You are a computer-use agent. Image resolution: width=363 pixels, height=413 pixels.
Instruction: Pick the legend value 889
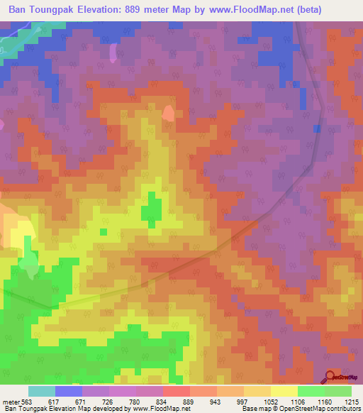click(x=188, y=402)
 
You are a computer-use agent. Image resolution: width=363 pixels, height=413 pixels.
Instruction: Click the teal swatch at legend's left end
click(x=42, y=391)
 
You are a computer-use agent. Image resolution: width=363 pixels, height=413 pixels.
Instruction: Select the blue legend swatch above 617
click(x=69, y=391)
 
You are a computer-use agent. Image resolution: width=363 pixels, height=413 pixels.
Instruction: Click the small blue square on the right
click(x=316, y=128)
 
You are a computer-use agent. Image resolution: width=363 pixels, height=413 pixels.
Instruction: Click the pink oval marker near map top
click(x=113, y=53)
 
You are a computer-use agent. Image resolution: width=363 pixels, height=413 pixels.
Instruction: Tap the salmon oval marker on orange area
click(x=168, y=114)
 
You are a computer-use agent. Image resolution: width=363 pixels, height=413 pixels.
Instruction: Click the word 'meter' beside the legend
click(x=11, y=402)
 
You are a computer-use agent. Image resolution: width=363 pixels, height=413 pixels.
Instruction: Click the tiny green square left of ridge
click(x=104, y=231)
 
